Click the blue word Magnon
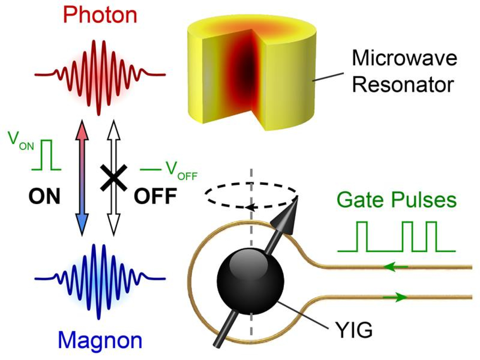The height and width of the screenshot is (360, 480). [100, 340]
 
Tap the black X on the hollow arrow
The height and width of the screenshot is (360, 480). [113, 178]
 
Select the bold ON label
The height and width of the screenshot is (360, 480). [44, 196]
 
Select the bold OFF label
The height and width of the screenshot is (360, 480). [155, 196]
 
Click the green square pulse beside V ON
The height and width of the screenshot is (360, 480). [47, 155]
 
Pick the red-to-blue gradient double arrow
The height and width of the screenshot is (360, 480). [82, 178]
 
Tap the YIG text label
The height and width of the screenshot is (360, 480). [354, 331]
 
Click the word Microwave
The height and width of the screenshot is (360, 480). [404, 58]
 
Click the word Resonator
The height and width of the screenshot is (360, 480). [403, 85]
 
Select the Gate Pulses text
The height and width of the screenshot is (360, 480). [396, 200]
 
